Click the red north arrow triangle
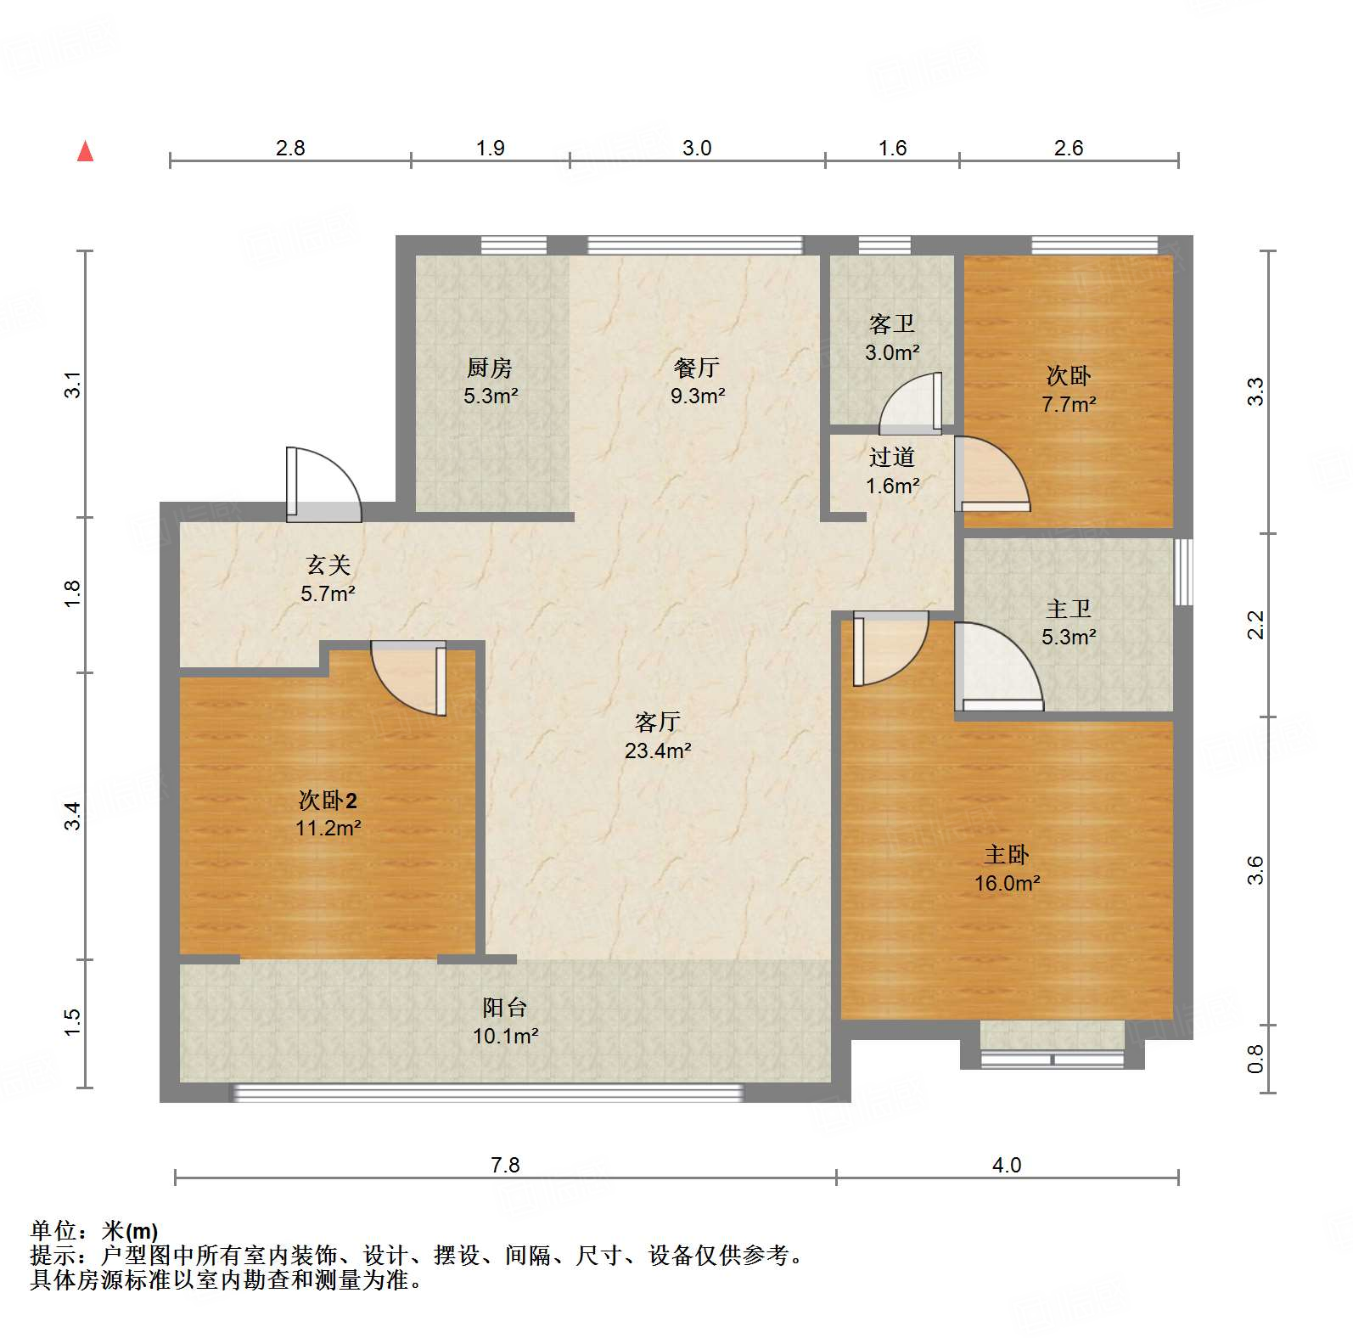[x=86, y=152]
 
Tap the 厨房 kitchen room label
[x=490, y=368]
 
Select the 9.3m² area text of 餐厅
[x=697, y=396]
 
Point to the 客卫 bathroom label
[x=891, y=324]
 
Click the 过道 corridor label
[x=891, y=458]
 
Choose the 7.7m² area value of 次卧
[x=1068, y=404]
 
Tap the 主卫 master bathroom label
[x=1068, y=609]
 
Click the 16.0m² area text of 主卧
[x=1007, y=883]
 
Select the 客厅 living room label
[x=657, y=722]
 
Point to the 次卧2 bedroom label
[x=328, y=800]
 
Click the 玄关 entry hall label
[x=328, y=565]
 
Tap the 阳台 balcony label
[x=505, y=1008]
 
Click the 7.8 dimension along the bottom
[x=505, y=1165]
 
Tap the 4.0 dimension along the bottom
[x=1007, y=1165]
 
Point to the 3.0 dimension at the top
[x=697, y=148]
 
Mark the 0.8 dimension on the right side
[x=1255, y=1059]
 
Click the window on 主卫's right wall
[x=1183, y=571]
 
